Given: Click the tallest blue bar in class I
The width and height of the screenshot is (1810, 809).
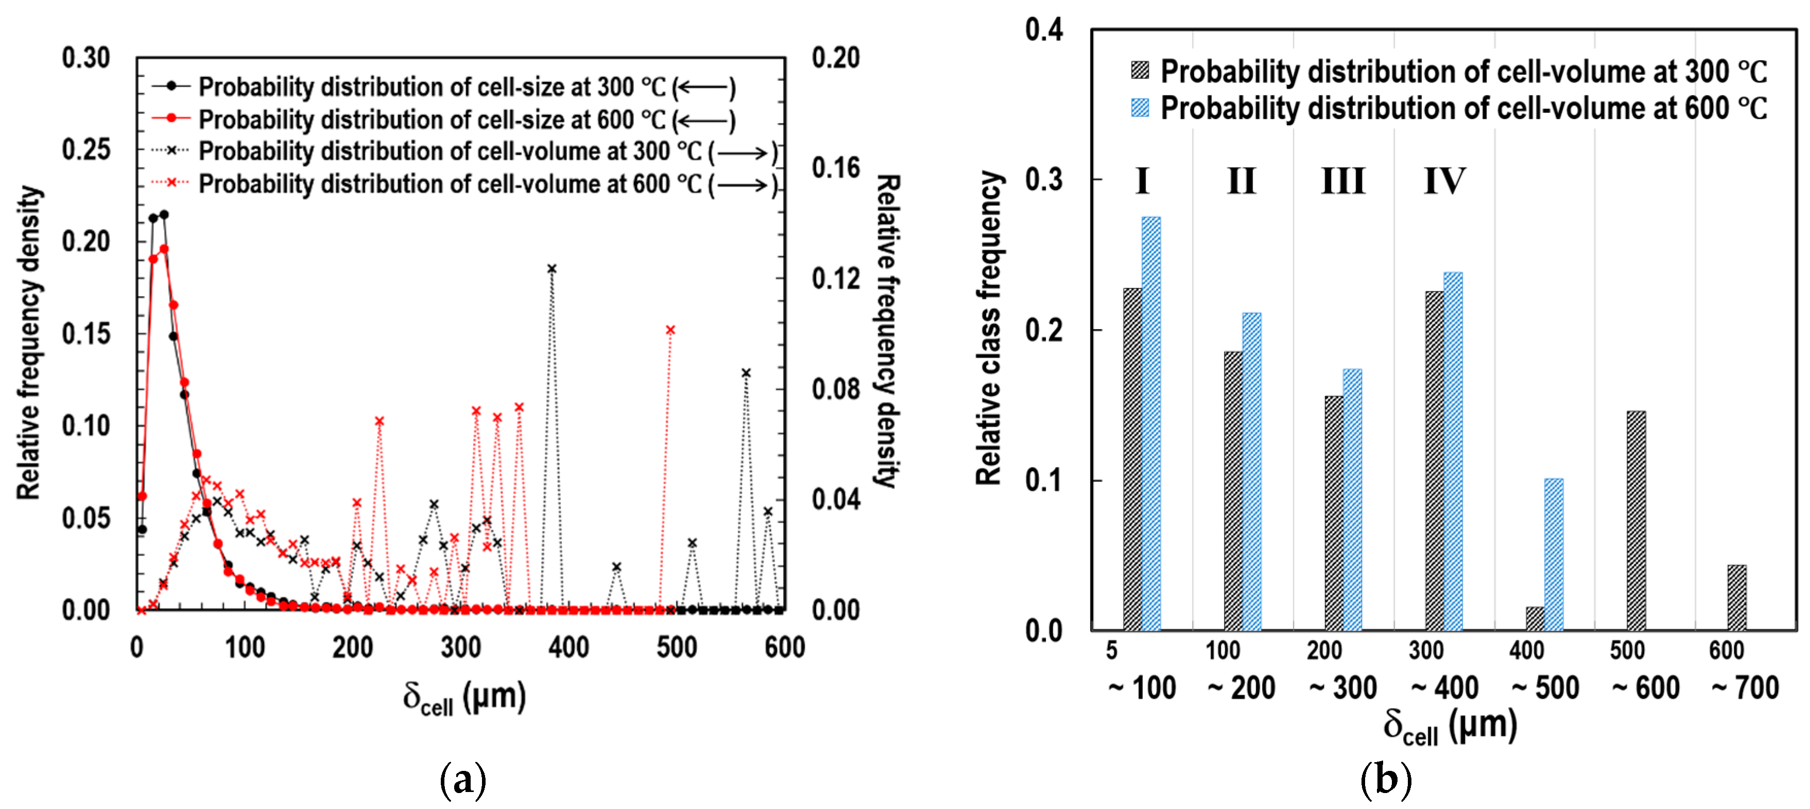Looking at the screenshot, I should [1151, 422].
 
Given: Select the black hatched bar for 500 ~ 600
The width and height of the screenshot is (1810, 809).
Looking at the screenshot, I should [1636, 520].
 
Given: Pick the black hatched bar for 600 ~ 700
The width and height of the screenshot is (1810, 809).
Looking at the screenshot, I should [1736, 597].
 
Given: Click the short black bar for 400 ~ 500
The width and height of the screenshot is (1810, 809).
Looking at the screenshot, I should [1535, 618].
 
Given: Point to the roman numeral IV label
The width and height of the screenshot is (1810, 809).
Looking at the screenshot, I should [1444, 181].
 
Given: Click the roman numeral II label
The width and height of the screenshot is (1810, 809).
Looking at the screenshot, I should [1241, 181].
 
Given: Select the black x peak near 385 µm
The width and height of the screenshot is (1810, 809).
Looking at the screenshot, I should [551, 268].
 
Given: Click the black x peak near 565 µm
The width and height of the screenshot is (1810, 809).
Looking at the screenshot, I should [746, 372].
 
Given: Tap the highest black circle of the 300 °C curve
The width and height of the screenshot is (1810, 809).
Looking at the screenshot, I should [164, 214].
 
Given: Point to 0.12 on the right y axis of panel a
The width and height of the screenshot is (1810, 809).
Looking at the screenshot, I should [835, 279].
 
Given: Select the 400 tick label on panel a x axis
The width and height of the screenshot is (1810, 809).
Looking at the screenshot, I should [568, 647].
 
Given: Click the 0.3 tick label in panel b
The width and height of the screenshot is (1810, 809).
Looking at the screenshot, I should [1043, 180].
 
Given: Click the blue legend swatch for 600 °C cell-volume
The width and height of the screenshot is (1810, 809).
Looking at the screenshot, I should [1140, 108].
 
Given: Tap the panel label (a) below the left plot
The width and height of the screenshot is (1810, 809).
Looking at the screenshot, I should [462, 780].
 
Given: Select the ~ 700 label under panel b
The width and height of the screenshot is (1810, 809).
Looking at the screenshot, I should [1745, 687].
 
